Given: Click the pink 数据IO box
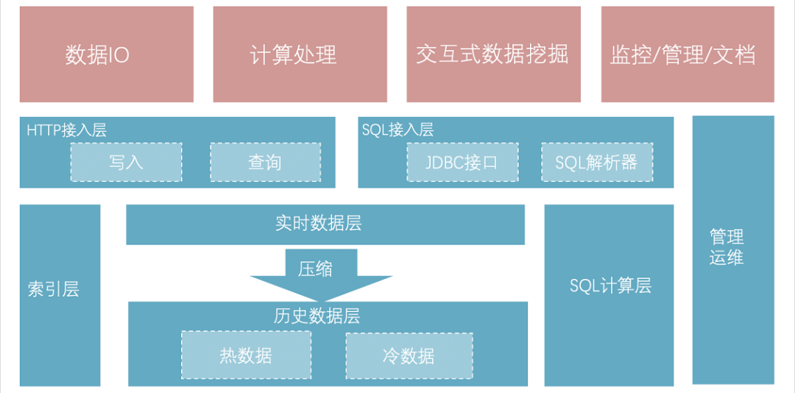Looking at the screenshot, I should [x=107, y=54].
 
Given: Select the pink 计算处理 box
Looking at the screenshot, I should [x=300, y=54].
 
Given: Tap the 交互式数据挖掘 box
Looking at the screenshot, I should [x=493, y=54].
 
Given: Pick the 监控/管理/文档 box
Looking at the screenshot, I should [x=688, y=54].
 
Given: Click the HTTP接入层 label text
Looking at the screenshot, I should [x=66, y=130].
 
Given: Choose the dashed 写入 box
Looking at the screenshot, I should [x=126, y=162].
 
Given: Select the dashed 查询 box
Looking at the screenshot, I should [x=265, y=162].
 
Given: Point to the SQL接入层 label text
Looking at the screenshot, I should [x=397, y=130].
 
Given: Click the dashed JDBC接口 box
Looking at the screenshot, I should [x=462, y=162].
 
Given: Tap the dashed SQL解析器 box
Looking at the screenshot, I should [x=596, y=162].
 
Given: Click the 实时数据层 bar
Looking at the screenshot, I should [x=325, y=224].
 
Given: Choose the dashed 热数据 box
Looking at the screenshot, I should [x=246, y=356].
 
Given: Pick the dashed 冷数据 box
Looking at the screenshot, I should [x=409, y=356].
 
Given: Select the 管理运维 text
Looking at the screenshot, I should [x=727, y=247].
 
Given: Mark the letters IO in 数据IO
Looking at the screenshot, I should [x=119, y=55].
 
